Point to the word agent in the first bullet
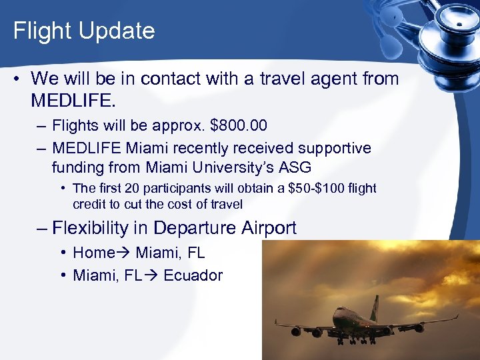[x=325, y=79]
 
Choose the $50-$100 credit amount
[x=317, y=189]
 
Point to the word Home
[x=93, y=253]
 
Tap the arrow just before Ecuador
[x=151, y=275]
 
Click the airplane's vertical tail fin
[x=375, y=309]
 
